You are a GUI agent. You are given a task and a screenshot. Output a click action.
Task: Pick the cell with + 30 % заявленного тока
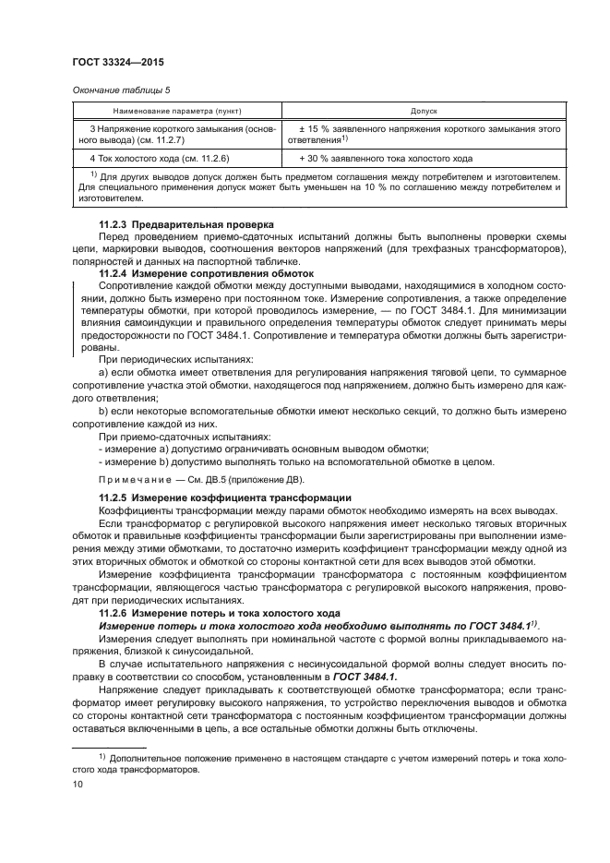point(386,157)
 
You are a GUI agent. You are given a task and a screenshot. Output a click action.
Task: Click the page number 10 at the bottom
point(78,784)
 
